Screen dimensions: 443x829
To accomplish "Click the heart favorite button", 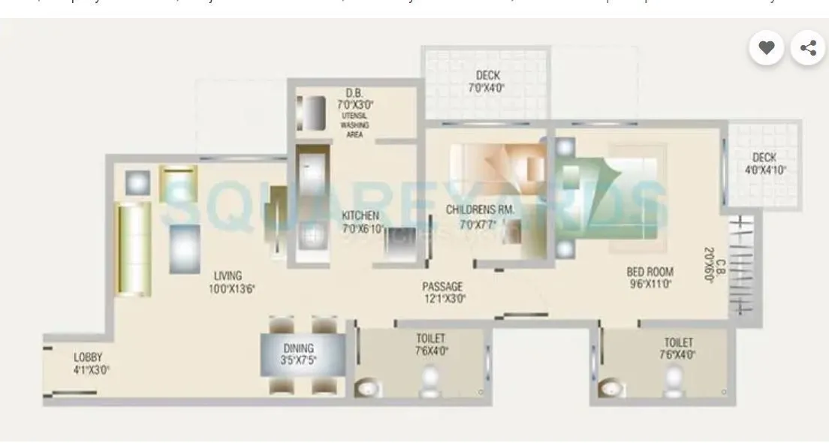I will click(x=766, y=48).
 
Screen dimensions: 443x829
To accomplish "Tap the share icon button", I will click(x=808, y=48).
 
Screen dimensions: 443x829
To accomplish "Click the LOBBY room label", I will click(x=87, y=357).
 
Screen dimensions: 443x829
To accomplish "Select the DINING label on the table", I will click(x=299, y=348).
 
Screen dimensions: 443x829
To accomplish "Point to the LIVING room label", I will click(x=227, y=276).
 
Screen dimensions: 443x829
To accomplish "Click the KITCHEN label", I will click(x=360, y=216).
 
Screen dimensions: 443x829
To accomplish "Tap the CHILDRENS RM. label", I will click(x=480, y=209).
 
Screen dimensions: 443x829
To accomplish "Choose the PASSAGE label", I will click(x=442, y=286).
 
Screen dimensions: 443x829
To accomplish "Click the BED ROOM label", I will click(x=650, y=272).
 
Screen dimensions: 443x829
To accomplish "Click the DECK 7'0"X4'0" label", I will click(x=488, y=76).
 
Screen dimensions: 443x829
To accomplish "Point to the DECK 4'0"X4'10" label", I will click(x=764, y=158).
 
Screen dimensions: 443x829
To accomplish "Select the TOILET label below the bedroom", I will click(x=678, y=342).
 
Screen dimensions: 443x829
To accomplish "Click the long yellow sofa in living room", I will click(x=133, y=250).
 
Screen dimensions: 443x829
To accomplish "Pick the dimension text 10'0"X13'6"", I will click(x=232, y=287).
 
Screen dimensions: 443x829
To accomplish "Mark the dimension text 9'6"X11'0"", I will click(x=649, y=284).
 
